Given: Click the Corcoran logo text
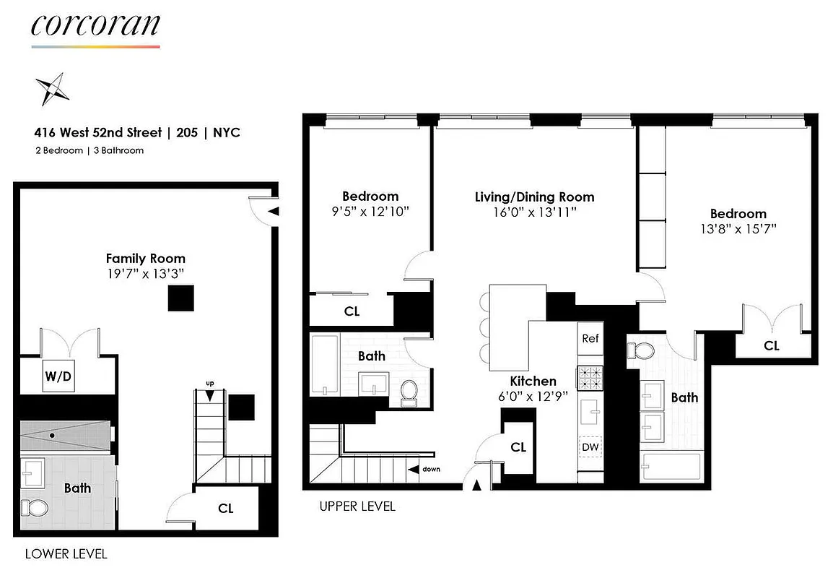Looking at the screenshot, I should tap(95, 25).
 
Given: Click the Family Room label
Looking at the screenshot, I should tap(145, 258).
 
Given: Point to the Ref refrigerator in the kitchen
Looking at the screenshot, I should tap(590, 338).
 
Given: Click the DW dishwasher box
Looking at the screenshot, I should tap(590, 448).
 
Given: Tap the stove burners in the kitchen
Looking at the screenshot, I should tap(590, 378).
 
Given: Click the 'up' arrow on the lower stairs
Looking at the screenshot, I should tap(210, 394).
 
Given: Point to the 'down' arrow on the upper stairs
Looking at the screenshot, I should tap(414, 470).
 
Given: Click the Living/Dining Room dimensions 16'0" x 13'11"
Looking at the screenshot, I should tap(534, 212).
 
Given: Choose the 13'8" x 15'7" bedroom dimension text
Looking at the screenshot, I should tap(738, 230).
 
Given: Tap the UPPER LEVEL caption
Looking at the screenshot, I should tap(357, 506).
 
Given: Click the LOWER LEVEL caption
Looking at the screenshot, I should tap(66, 554).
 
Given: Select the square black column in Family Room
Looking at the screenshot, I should tap(180, 298).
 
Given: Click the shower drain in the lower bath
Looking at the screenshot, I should tap(53, 436).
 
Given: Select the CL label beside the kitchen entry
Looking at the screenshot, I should tap(518, 447).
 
